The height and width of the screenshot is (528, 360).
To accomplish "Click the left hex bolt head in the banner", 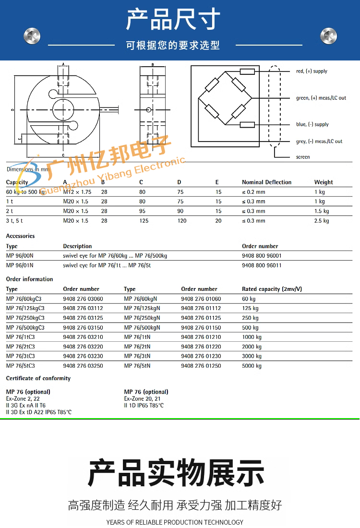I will tap(32, 36).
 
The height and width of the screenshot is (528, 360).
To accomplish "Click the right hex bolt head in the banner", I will tap(328, 36).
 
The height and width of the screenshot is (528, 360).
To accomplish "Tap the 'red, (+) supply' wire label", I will tap(312, 71).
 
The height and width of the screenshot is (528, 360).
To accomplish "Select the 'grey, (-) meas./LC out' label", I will tap(319, 141).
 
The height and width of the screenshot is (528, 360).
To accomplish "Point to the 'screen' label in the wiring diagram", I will tap(303, 157).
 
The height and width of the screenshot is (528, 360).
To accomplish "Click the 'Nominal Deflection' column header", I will tap(266, 182).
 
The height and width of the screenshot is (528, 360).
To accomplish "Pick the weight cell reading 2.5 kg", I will tap(322, 221).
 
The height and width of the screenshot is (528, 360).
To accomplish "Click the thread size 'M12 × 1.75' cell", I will tap(77, 192).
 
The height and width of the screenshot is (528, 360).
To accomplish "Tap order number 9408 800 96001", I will tap(262, 256).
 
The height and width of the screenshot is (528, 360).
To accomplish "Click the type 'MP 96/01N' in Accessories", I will tap(20, 265).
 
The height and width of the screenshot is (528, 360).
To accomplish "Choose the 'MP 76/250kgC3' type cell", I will tap(25, 318).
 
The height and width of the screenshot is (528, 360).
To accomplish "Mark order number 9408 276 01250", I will tap(201, 366).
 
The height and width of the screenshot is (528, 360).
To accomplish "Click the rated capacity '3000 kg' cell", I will tap(252, 356).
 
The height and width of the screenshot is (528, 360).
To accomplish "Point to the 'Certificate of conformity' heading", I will tap(38, 378).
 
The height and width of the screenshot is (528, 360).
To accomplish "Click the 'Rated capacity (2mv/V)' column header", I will tap(272, 289).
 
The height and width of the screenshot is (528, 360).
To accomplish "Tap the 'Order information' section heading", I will tap(29, 279).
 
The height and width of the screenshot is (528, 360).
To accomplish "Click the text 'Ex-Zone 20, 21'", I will tap(142, 399).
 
